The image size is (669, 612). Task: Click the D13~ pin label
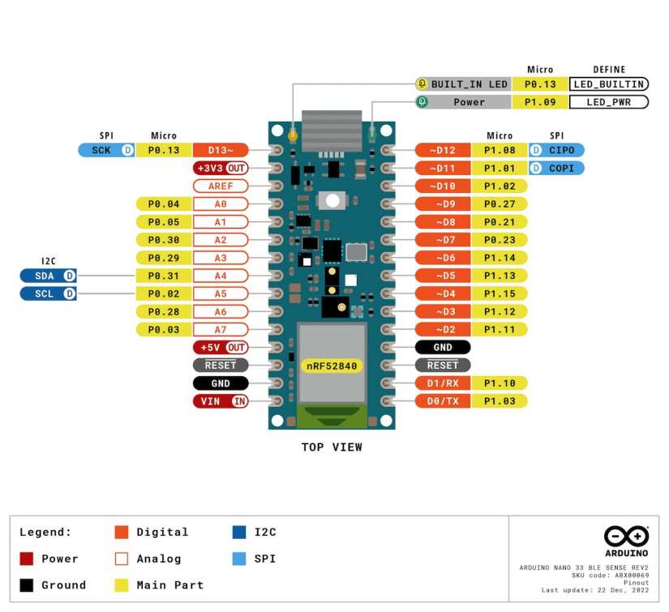221,150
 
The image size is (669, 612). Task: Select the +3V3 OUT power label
221,168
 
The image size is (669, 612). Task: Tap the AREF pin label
221,186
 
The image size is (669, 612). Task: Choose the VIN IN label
221,401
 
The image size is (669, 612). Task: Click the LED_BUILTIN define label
608,84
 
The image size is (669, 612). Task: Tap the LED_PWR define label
608,102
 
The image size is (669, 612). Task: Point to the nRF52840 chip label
332,366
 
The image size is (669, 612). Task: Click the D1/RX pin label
443,383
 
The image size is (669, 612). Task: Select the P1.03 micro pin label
500,401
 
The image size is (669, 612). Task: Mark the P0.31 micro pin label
164,276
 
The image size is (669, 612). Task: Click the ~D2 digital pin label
443,329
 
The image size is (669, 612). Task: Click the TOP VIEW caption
332,447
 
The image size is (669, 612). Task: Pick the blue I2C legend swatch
239,533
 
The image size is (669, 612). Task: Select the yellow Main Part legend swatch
122,585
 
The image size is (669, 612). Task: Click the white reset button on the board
331,200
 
